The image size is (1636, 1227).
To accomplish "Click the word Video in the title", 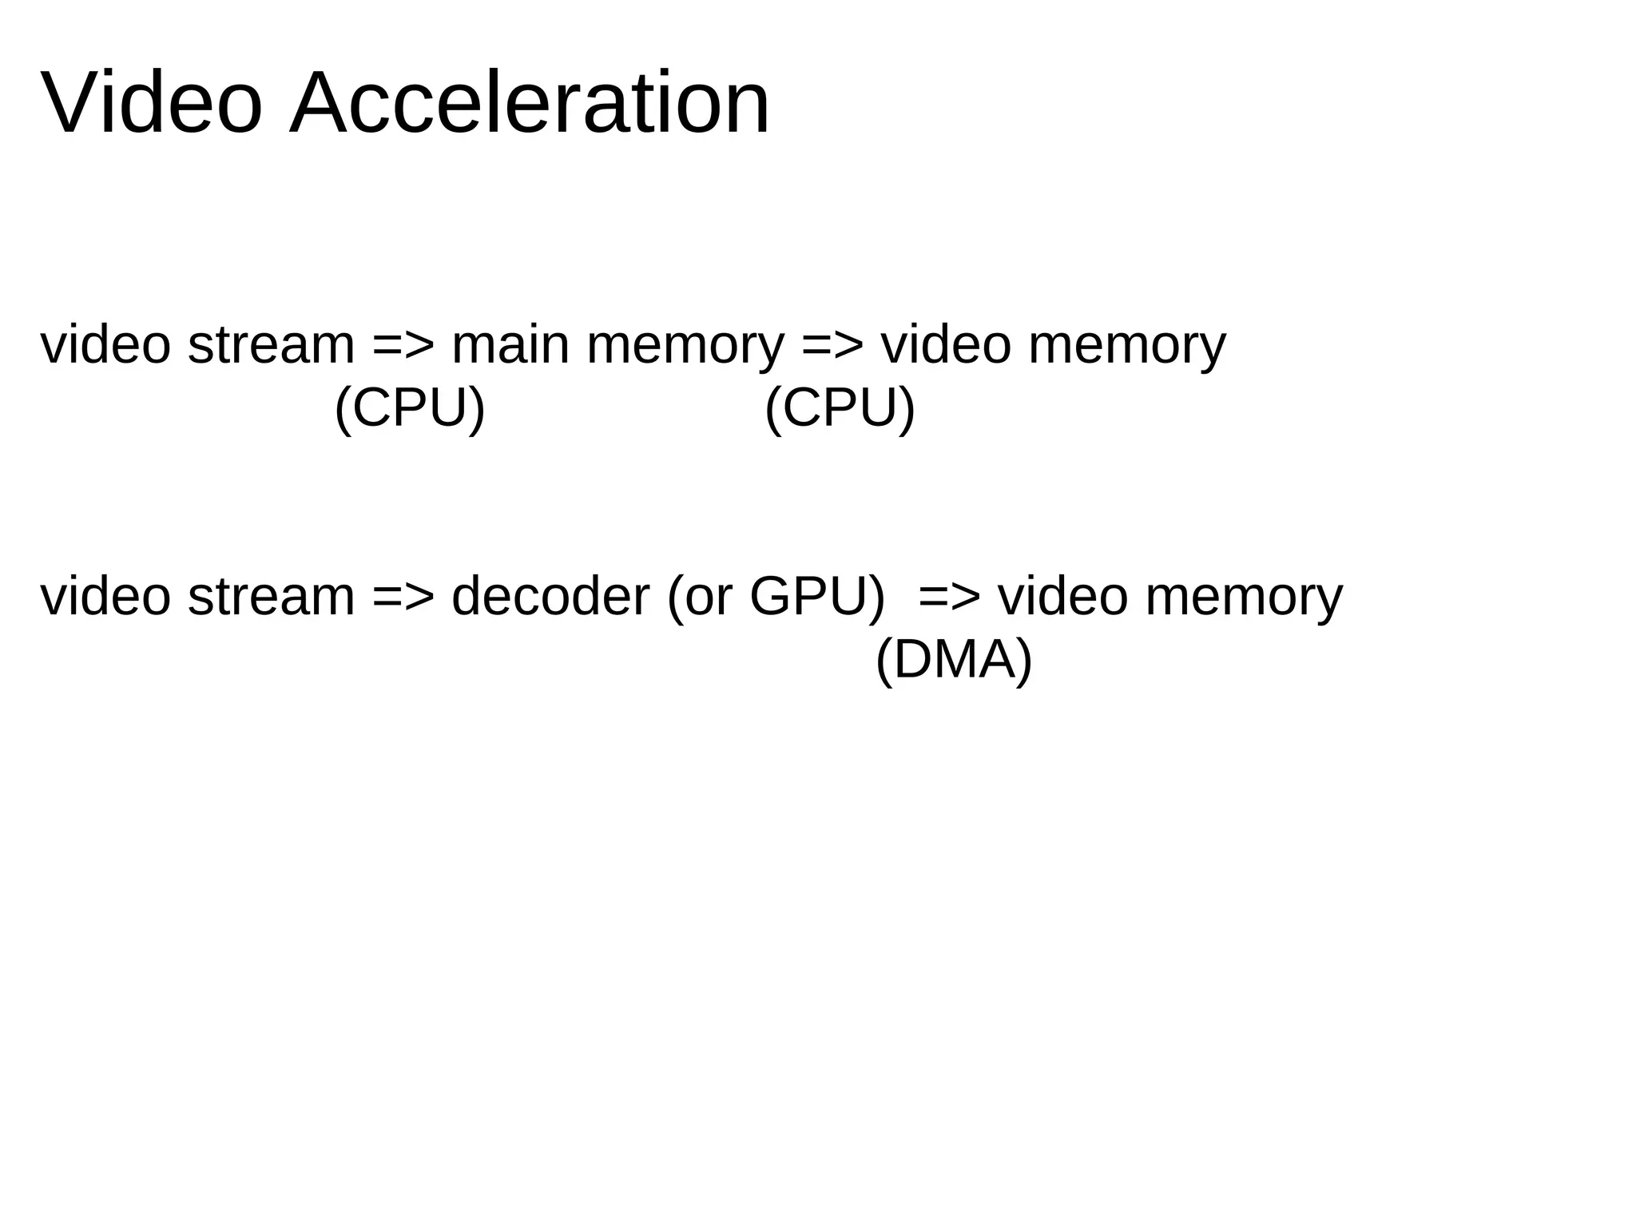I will point(151,104).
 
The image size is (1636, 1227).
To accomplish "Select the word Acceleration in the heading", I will point(530,104).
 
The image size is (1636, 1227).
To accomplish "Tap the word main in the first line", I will point(510,345).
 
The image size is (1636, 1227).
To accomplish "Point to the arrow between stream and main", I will point(403,345).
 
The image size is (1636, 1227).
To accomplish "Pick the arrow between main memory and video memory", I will point(832,345).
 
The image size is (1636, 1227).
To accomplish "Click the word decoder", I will point(550,597).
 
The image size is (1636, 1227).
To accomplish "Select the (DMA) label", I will point(954,661).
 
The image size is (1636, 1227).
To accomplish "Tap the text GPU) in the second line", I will point(817,597).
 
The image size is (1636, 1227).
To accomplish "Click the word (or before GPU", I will point(699,597).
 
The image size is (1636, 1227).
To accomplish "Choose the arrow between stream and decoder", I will point(403,597).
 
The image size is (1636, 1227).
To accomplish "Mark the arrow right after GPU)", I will point(949,597).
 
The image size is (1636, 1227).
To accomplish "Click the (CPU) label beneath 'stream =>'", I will point(410,409).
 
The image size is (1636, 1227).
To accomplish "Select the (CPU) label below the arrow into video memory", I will point(840,409).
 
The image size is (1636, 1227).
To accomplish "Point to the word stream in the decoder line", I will point(271,597).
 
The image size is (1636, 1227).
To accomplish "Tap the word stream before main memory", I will point(271,345).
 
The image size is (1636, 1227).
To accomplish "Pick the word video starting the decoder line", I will point(105,597).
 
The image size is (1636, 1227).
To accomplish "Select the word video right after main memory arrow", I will point(946,345).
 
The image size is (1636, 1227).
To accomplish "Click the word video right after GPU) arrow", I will point(1063,597).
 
